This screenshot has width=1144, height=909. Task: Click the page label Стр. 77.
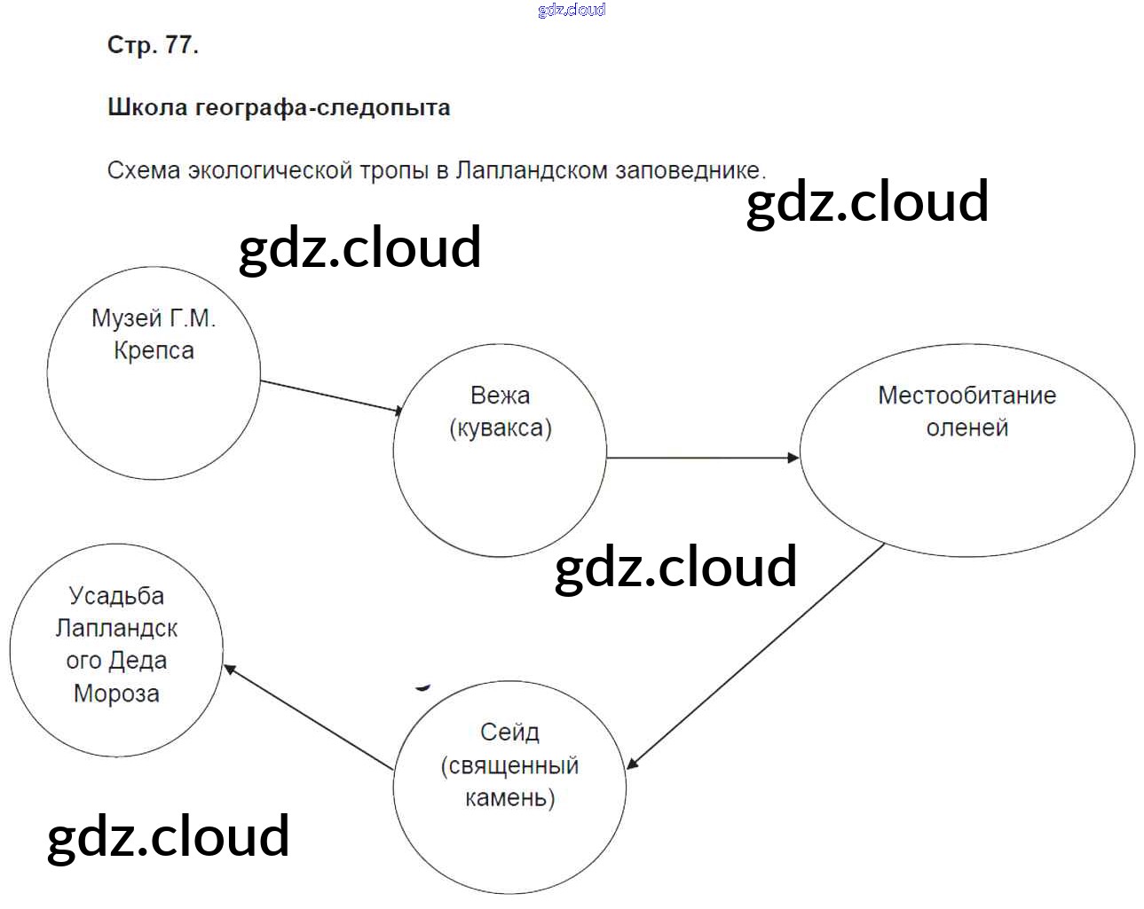click(153, 45)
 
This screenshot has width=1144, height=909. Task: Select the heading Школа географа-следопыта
click(279, 108)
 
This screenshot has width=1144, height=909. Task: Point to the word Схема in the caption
click(144, 170)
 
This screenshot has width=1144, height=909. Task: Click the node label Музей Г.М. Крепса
click(154, 334)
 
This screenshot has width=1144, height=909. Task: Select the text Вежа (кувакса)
click(501, 411)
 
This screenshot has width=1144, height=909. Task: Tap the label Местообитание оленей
click(966, 411)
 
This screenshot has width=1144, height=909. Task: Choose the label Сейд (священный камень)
click(509, 764)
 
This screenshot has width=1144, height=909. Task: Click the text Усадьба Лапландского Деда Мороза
click(116, 644)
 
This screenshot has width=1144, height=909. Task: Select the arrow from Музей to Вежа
click(331, 396)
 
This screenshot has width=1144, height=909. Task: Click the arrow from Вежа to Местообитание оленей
click(702, 458)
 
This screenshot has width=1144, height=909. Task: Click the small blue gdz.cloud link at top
click(572, 10)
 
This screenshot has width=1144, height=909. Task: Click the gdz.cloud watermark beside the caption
click(867, 202)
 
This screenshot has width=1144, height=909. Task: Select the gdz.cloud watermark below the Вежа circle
click(675, 568)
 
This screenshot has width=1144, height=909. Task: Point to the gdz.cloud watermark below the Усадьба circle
click(168, 836)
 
